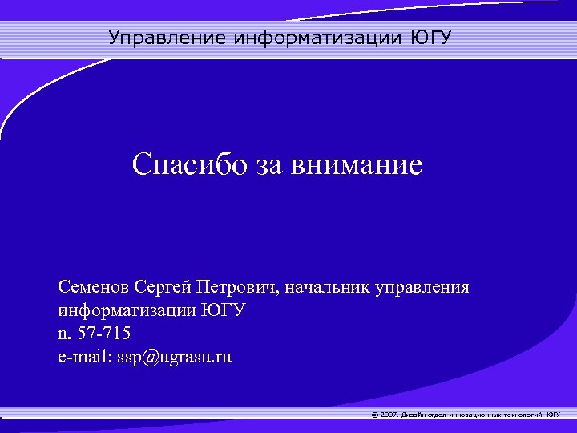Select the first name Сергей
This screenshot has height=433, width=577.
tap(162, 286)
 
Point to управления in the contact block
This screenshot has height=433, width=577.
tap(424, 286)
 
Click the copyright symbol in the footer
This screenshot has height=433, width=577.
tap(376, 415)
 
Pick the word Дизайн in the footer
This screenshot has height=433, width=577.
tap(414, 415)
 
